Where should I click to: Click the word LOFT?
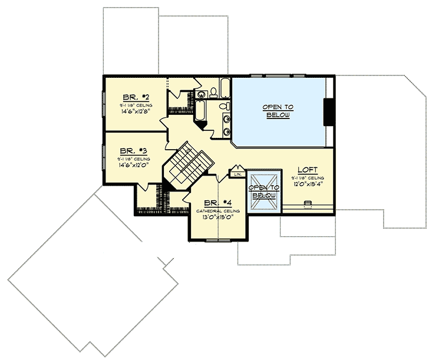[x=308, y=170]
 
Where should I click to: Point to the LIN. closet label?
[x=238, y=174]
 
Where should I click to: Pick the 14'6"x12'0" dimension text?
[x=133, y=165]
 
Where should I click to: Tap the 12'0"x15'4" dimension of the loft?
[x=308, y=184]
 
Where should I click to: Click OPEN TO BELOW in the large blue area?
[x=278, y=111]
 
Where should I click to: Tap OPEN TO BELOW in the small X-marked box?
[x=263, y=190]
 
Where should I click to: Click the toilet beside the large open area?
[x=224, y=107]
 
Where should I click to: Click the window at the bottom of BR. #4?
[x=218, y=241]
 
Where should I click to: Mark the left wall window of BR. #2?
[x=104, y=103]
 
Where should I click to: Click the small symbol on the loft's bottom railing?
[x=306, y=204]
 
